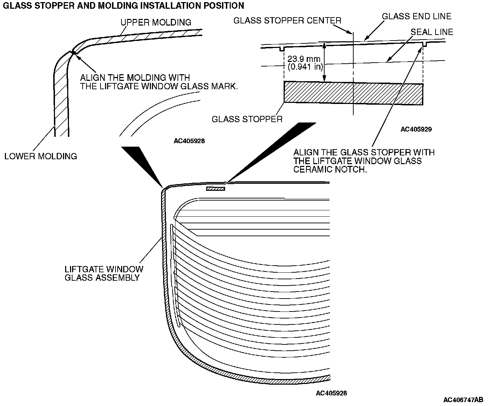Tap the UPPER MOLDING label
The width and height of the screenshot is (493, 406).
(156, 22)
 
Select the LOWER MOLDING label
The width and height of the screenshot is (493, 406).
(41, 156)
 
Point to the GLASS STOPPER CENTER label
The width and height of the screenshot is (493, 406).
(287, 21)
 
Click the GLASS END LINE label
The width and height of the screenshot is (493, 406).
(416, 16)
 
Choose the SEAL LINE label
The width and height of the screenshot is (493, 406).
(432, 32)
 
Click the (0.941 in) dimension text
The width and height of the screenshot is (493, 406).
(305, 66)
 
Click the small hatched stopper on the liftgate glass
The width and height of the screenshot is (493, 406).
(215, 189)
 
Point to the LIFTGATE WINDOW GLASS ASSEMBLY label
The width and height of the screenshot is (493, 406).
(104, 273)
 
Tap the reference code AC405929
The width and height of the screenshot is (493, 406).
(416, 129)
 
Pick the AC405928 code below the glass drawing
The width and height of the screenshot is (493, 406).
(331, 393)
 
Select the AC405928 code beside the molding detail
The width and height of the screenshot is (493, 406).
(189, 141)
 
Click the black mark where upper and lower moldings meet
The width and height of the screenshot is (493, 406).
(73, 52)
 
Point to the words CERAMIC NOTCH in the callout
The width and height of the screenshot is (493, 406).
(331, 169)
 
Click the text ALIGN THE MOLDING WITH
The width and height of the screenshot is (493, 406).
(135, 77)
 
